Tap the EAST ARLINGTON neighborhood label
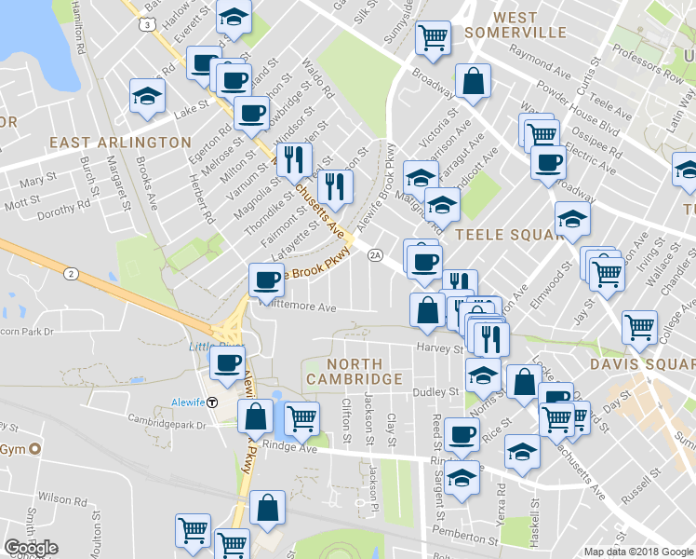(120, 143)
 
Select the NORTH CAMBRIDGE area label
(365, 371)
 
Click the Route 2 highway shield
(72, 273)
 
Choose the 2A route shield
(376, 254)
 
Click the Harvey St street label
(444, 348)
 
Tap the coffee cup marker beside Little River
(227, 362)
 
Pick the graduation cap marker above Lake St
(147, 96)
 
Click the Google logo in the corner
(31, 547)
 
